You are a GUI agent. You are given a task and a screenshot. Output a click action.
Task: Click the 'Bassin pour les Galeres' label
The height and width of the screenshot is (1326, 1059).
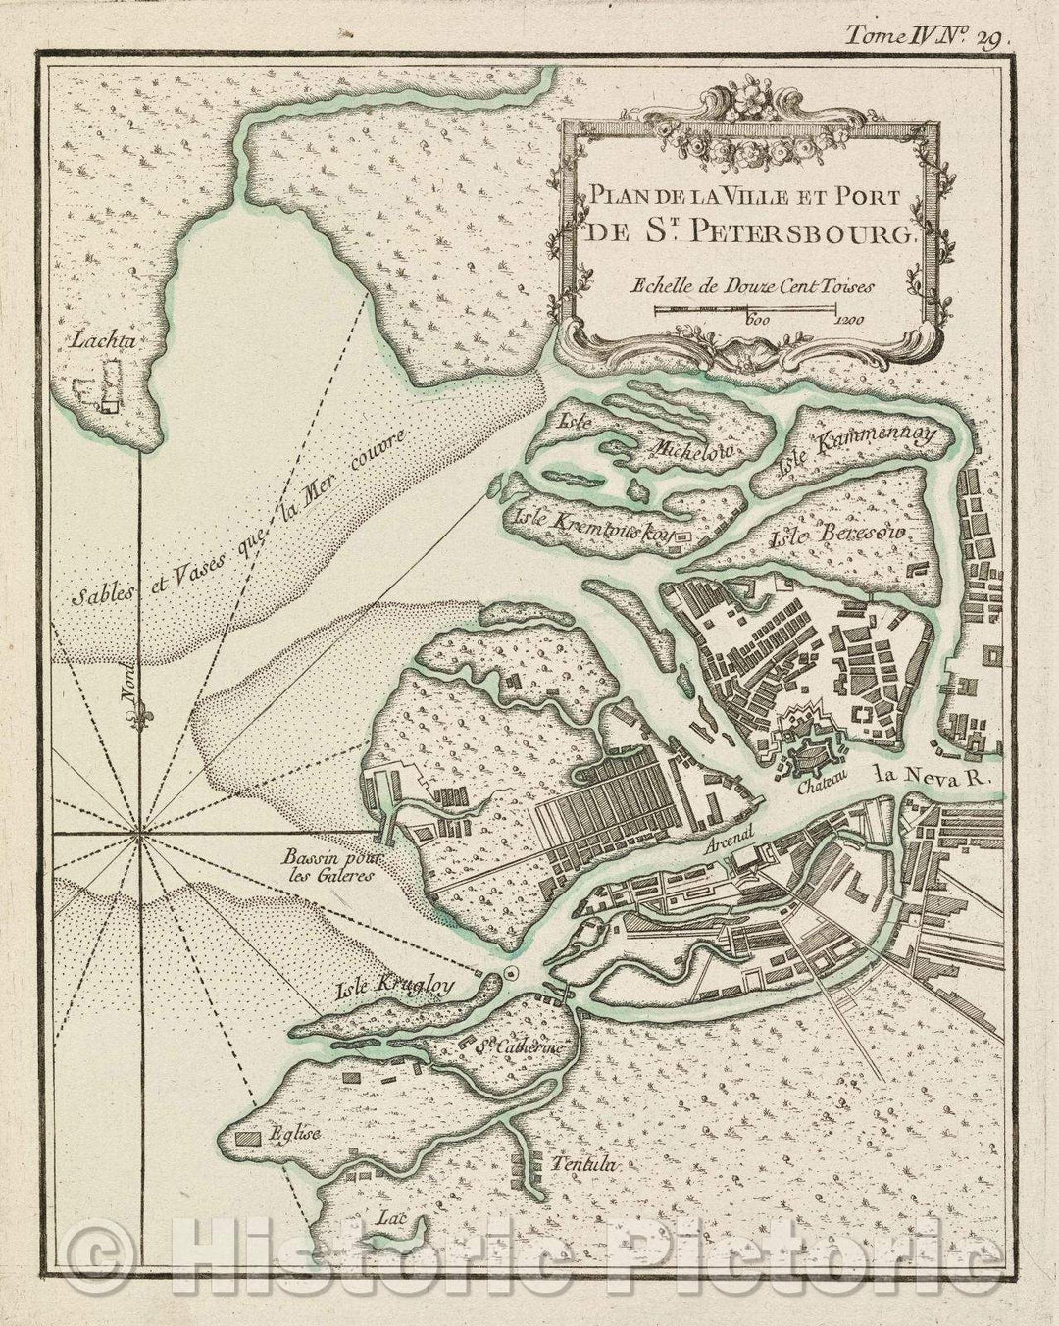322,866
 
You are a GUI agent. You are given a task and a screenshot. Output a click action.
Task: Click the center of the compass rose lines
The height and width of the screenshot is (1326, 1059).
138,835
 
